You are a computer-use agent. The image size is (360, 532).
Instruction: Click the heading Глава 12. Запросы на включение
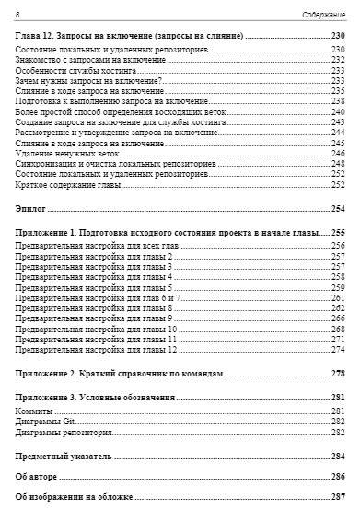130,34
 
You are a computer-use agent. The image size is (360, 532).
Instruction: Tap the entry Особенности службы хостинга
77,70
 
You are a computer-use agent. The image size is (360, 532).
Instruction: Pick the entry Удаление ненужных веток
65,154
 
